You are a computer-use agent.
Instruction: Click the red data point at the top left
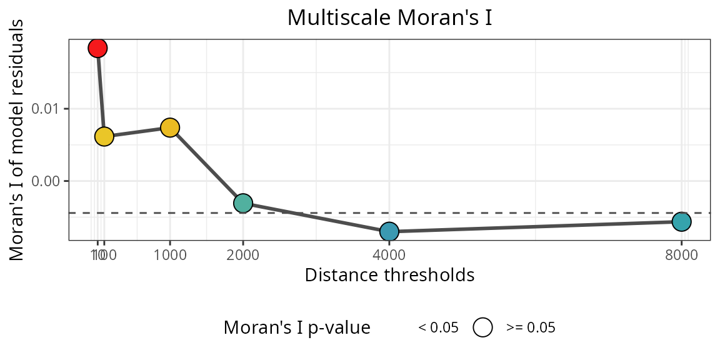click(x=97, y=47)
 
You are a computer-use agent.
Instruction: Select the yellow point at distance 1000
click(x=170, y=127)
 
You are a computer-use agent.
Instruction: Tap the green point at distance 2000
click(x=242, y=203)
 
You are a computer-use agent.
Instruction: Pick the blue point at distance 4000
click(x=389, y=231)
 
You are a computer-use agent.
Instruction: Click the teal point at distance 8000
click(x=681, y=221)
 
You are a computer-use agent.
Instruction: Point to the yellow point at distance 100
click(x=104, y=136)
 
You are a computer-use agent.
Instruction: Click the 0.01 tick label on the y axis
click(x=49, y=109)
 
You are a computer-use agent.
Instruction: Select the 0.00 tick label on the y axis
click(x=49, y=181)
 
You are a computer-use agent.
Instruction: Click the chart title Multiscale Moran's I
click(x=389, y=17)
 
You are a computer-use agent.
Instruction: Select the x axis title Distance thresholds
click(x=389, y=275)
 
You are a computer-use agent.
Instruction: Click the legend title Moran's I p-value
click(x=297, y=327)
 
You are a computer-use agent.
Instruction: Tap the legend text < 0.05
click(x=438, y=327)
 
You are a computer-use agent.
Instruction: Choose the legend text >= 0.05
click(x=531, y=327)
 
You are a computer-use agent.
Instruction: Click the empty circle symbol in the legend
click(x=483, y=327)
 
